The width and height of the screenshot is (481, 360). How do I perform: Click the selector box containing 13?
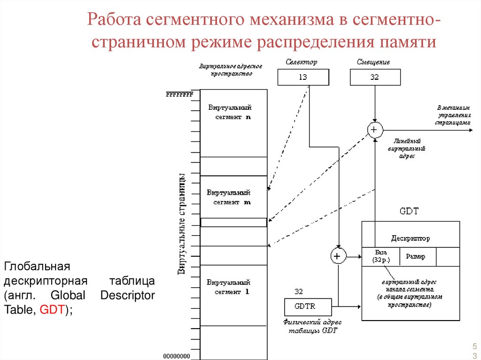click(303, 77)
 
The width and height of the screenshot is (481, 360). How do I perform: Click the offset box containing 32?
click(375, 77)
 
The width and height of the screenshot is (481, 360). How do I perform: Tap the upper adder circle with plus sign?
click(375, 129)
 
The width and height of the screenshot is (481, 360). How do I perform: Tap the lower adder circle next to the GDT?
click(338, 256)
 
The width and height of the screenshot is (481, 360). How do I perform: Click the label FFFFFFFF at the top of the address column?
click(179, 94)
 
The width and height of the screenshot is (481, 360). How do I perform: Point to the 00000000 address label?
click(177, 356)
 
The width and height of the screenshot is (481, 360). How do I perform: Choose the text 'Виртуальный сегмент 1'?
click(229, 287)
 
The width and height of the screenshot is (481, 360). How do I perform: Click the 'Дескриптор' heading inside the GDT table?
click(410, 238)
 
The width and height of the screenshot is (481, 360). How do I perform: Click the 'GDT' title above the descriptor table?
click(408, 212)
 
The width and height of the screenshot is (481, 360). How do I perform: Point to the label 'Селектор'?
click(301, 62)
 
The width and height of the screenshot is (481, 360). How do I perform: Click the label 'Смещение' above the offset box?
click(373, 62)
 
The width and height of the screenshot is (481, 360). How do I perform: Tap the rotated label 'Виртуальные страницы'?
click(181, 224)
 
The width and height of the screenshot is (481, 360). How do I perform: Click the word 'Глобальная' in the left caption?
click(37, 267)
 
